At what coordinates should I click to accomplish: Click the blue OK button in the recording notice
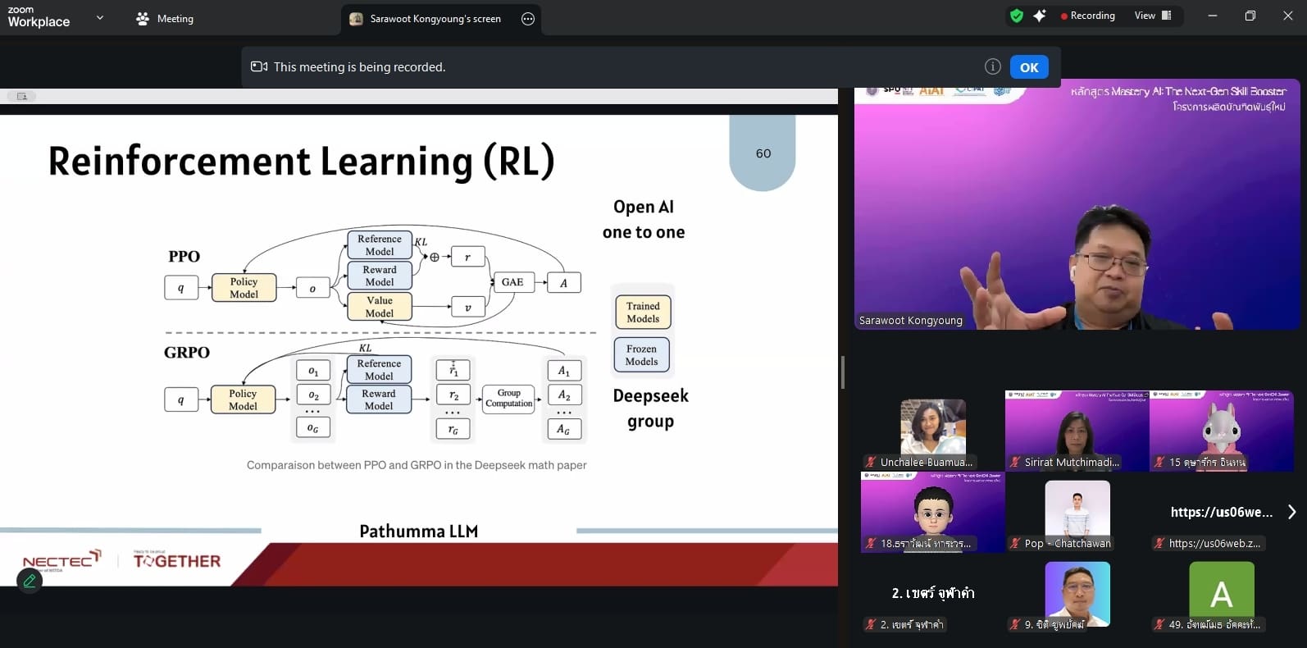(1029, 67)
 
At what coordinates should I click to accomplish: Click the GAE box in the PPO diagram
(512, 282)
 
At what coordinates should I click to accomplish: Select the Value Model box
(379, 307)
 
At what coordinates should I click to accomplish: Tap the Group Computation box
(508, 399)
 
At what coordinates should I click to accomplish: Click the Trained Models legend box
(643, 313)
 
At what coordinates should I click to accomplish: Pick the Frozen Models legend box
(641, 355)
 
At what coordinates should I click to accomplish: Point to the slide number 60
(763, 153)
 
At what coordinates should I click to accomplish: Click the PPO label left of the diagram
(184, 257)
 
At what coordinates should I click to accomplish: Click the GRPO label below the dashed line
(187, 353)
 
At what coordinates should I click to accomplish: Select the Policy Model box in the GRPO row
(243, 399)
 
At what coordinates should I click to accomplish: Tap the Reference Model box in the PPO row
(379, 245)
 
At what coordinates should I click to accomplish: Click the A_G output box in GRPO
(563, 429)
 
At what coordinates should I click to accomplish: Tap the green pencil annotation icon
(30, 581)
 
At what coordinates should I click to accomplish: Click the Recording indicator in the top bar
(1087, 16)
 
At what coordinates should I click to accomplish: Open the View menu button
(1152, 16)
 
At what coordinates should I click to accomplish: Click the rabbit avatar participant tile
(1221, 431)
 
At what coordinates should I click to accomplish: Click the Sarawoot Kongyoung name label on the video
(910, 321)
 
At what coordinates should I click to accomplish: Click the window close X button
(1287, 16)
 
